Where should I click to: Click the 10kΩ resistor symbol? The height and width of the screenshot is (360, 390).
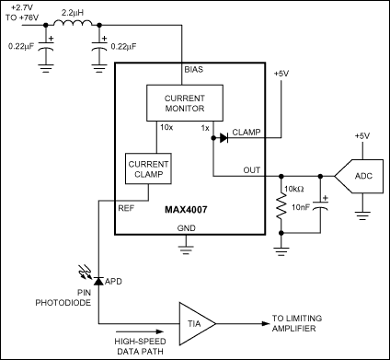point(281,208)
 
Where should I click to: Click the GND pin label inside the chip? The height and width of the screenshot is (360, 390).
point(186,228)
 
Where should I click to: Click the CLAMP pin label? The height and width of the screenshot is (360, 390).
point(247,131)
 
